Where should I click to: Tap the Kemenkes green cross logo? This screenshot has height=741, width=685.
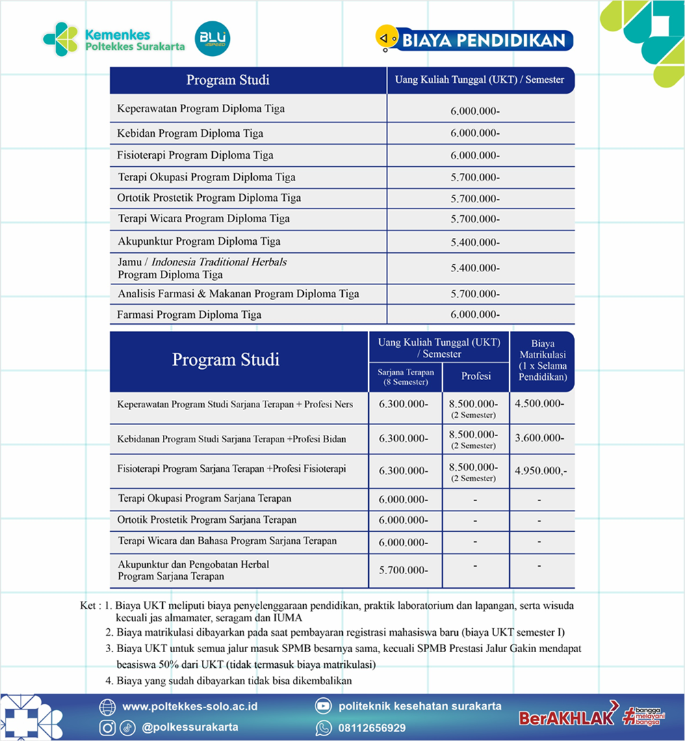60,39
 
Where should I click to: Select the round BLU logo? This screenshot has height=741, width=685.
212,39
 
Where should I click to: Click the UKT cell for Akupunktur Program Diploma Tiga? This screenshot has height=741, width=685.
475,243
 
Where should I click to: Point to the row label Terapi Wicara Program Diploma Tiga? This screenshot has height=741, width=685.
203,219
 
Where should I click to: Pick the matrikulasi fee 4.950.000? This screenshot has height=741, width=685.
541,470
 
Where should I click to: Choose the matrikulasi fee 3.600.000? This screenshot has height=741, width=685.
540,437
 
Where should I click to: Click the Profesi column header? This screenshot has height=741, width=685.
476,376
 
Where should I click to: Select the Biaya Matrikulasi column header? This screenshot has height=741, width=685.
542,360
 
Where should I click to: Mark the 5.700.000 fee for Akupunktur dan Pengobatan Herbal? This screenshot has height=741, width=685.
403,570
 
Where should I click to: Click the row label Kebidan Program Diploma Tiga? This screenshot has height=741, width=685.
190,133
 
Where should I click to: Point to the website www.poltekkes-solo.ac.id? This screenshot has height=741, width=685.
190,706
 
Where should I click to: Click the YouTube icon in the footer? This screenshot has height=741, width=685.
323,706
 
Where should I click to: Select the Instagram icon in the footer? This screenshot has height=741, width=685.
107,727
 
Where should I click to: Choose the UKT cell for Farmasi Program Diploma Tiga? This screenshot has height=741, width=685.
475,314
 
